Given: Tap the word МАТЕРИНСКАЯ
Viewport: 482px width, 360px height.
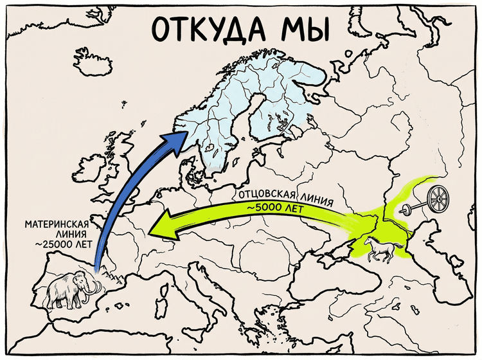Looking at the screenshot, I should pyautogui.click(x=56, y=225).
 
